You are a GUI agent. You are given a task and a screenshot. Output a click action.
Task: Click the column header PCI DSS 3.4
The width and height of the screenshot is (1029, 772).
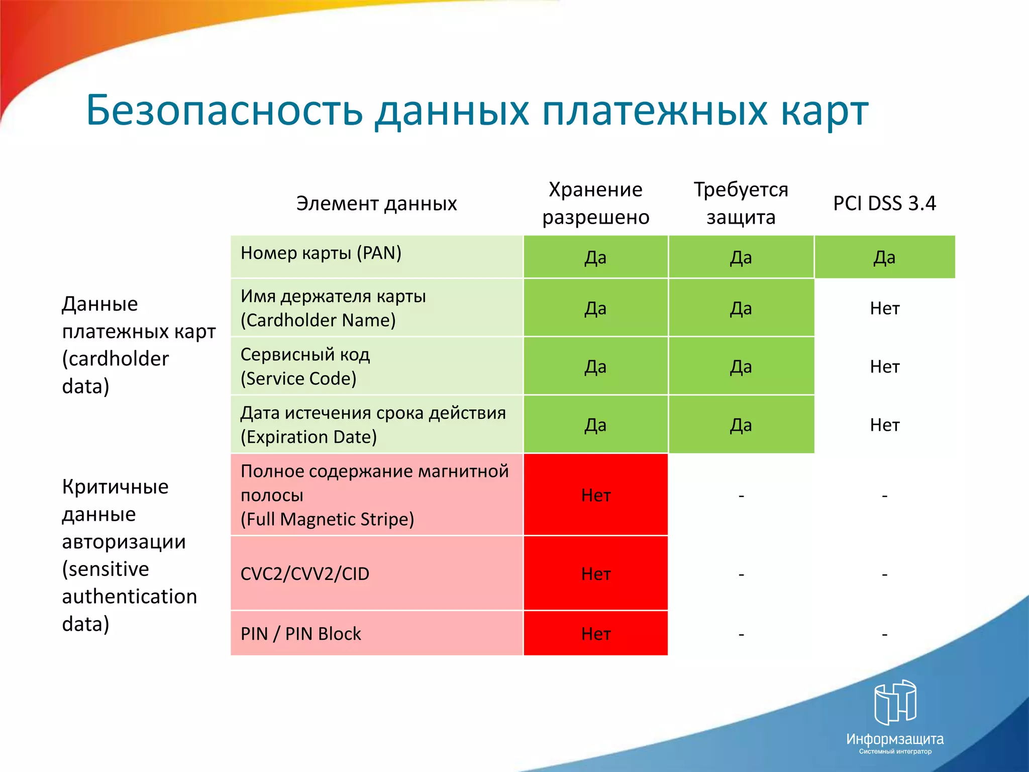[x=884, y=203]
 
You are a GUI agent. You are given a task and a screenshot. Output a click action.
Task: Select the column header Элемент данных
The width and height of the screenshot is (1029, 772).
[x=376, y=204]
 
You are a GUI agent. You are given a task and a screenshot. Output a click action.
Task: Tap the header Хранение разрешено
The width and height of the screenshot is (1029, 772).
[x=595, y=203]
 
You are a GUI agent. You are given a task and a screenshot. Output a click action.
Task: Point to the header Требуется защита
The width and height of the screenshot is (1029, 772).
[x=741, y=203]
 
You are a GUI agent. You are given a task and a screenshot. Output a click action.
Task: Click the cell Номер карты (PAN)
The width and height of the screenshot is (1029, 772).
[x=376, y=256]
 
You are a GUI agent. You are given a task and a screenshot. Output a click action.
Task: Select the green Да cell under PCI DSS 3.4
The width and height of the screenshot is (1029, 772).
[x=884, y=257]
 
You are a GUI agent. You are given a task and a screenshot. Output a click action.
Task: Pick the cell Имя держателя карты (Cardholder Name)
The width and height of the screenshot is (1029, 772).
[x=376, y=308]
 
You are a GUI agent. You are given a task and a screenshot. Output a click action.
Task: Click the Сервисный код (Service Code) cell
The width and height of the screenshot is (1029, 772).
[x=376, y=366]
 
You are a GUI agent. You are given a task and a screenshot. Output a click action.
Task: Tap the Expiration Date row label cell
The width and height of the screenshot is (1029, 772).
[x=376, y=424]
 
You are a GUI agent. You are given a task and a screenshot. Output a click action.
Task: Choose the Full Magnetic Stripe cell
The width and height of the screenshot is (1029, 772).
[x=376, y=495]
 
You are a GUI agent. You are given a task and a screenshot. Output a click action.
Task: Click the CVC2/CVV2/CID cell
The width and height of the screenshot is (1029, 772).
[x=376, y=573]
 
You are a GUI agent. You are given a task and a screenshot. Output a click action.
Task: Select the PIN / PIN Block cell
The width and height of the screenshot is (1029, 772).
[x=376, y=633]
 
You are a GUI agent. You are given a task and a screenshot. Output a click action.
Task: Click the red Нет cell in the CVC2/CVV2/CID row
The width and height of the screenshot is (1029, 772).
[x=595, y=573]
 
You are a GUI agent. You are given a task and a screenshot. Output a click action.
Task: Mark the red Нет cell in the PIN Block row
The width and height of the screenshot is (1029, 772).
[x=595, y=633]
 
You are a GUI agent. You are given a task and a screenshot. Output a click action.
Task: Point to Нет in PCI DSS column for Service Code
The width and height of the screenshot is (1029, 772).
[x=884, y=366]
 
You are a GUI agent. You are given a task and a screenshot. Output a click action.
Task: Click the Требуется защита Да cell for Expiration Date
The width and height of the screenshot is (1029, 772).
[x=741, y=425]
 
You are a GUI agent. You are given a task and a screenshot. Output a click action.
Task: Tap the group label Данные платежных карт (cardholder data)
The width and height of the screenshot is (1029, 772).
[x=138, y=345]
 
